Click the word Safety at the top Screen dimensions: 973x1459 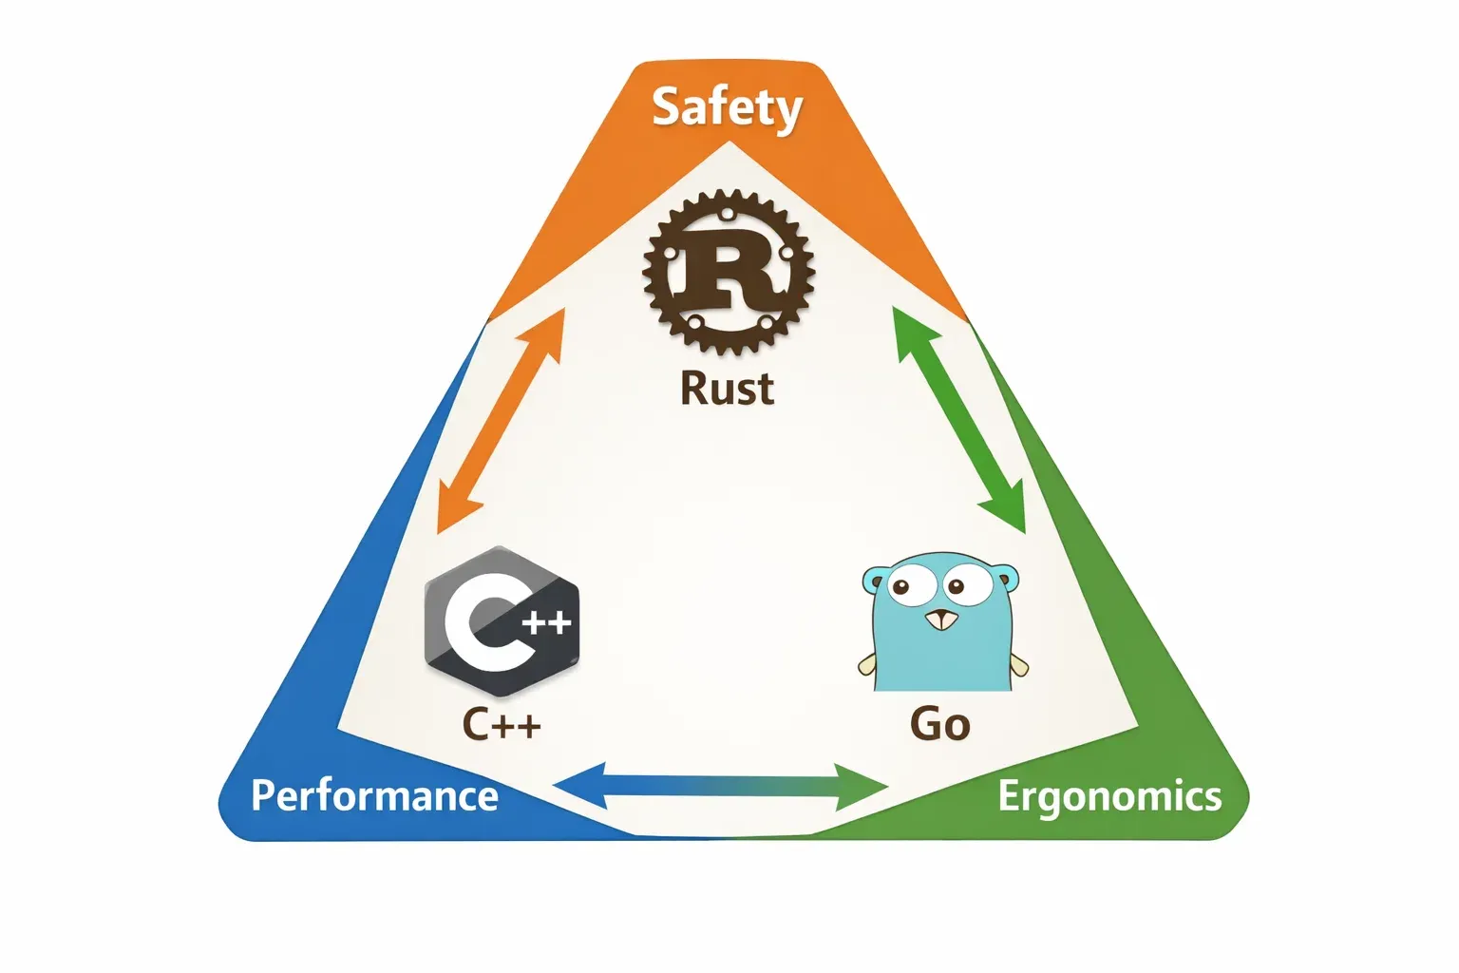pyautogui.click(x=727, y=107)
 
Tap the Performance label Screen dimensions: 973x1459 pyautogui.click(x=374, y=795)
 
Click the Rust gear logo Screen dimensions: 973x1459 pyautogui.click(x=729, y=272)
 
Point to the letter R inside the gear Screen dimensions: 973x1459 pyautogui.click(x=729, y=271)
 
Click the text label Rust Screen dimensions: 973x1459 pyautogui.click(x=728, y=390)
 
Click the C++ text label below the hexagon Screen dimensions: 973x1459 pyautogui.click(x=502, y=725)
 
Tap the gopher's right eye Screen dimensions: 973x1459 pyautogui.click(x=969, y=582)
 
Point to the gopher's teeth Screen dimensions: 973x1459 pyautogui.click(x=941, y=622)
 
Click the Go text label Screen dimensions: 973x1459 pyautogui.click(x=940, y=725)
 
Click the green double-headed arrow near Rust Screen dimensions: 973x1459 pyautogui.click(x=959, y=419)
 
